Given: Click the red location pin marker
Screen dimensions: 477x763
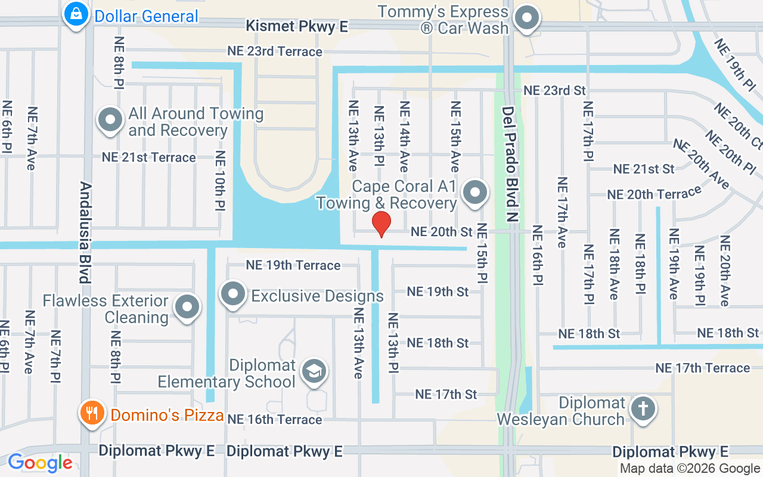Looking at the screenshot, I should pos(381,224).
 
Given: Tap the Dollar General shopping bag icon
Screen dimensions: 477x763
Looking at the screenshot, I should pos(76,14).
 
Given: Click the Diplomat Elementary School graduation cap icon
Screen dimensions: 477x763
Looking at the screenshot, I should pos(314,371).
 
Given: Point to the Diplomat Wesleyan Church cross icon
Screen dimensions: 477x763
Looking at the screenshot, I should pos(643,408).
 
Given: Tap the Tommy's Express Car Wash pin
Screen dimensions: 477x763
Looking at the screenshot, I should pos(527,18).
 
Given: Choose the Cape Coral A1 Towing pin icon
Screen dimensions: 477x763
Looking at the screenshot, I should pos(475,193).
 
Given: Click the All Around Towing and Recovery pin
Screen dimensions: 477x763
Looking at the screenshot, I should pos(110,120).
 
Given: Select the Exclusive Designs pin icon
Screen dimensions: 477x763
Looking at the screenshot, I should pos(233,294).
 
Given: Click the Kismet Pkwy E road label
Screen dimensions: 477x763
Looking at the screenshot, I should pos(297,26).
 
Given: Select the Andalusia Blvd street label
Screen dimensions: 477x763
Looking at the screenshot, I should pos(85,233).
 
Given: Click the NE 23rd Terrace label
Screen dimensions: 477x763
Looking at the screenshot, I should pos(275,51).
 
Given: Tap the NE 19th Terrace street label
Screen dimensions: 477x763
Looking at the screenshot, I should pos(293,265).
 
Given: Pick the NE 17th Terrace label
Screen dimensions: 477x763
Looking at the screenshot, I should pos(703,368).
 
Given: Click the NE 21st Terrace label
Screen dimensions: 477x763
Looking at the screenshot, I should pos(148,157).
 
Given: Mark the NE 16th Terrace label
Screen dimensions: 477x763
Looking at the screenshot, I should pos(275,419).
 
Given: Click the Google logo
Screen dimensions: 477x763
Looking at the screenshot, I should pos(40,463).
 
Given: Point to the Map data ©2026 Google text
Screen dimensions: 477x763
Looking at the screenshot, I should pos(690,469).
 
